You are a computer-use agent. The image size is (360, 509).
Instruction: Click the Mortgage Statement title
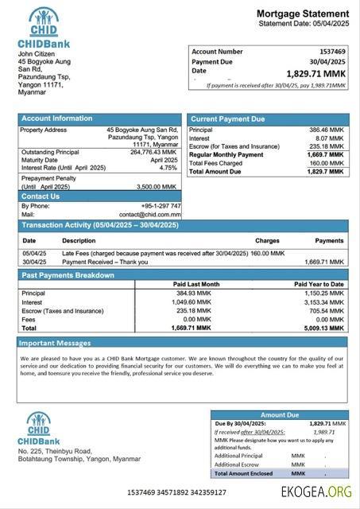302,14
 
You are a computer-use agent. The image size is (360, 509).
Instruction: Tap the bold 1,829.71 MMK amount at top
316,73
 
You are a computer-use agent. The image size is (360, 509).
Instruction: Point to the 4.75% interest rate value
168,168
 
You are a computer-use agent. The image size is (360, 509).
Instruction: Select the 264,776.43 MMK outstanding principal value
153,152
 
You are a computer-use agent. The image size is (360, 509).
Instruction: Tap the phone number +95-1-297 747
161,206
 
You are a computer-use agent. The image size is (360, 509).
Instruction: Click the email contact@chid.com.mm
150,215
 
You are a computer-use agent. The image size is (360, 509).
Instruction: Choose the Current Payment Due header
228,119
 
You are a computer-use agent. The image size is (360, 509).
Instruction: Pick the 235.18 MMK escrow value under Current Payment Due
326,146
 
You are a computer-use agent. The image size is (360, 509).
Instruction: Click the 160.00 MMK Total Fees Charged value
326,163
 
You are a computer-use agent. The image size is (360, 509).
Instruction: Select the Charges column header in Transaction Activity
267,240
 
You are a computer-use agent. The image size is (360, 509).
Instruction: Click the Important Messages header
56,343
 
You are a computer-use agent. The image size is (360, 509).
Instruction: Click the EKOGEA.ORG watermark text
316,492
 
